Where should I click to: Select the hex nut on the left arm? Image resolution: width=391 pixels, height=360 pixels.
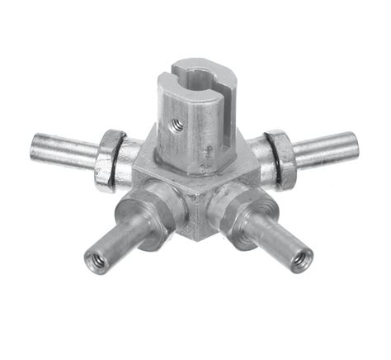point(108,159)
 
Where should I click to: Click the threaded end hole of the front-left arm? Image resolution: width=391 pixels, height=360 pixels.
point(96,263)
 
